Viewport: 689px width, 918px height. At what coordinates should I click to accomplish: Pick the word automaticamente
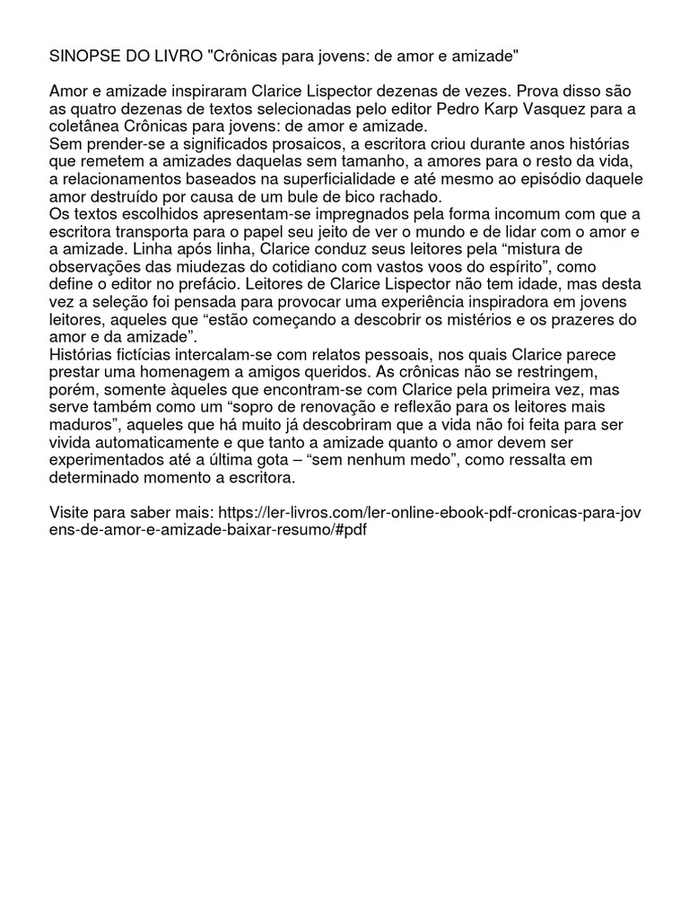coord(158,441)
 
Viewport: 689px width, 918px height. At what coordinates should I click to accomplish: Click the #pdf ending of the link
coord(352,529)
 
